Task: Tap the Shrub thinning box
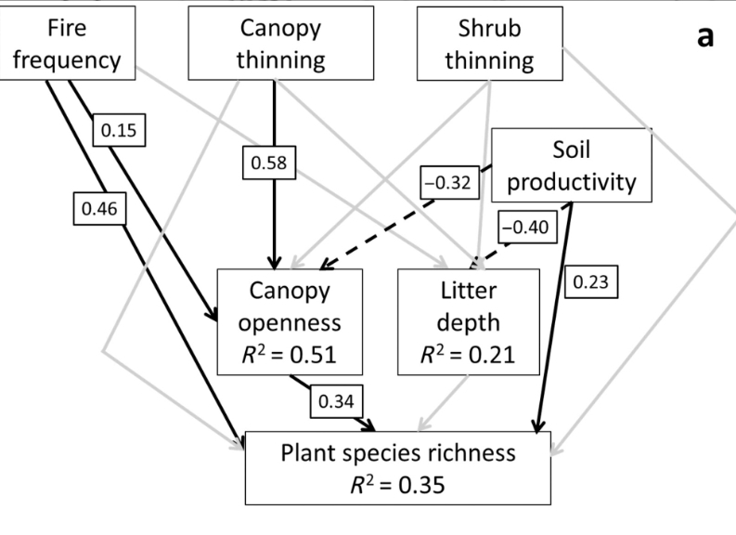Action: [x=489, y=43]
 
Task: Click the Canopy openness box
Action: [x=288, y=321]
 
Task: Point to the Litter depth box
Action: [x=468, y=321]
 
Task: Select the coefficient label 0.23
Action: [x=590, y=281]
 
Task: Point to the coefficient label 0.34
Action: [x=335, y=401]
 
